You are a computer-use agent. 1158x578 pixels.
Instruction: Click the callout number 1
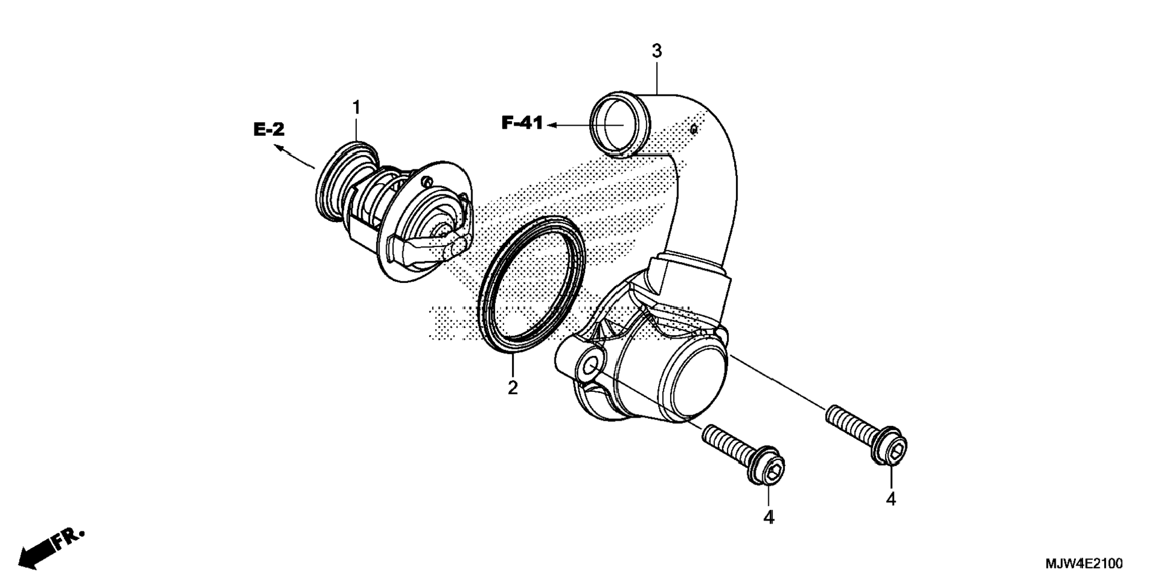[356, 108]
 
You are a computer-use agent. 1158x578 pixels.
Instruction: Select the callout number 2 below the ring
[513, 388]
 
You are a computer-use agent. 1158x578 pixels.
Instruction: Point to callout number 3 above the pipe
[657, 51]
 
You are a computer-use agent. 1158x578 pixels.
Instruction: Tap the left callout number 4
[769, 518]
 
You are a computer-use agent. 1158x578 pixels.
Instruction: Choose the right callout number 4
[891, 499]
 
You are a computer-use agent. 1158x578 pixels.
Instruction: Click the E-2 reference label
[269, 129]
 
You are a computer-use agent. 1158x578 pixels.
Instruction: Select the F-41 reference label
[522, 123]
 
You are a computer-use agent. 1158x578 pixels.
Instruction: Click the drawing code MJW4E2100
[1084, 564]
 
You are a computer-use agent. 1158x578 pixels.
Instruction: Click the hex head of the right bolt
[889, 447]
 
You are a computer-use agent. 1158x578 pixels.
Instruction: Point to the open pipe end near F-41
[620, 124]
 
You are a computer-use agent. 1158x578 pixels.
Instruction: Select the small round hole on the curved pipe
[693, 127]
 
